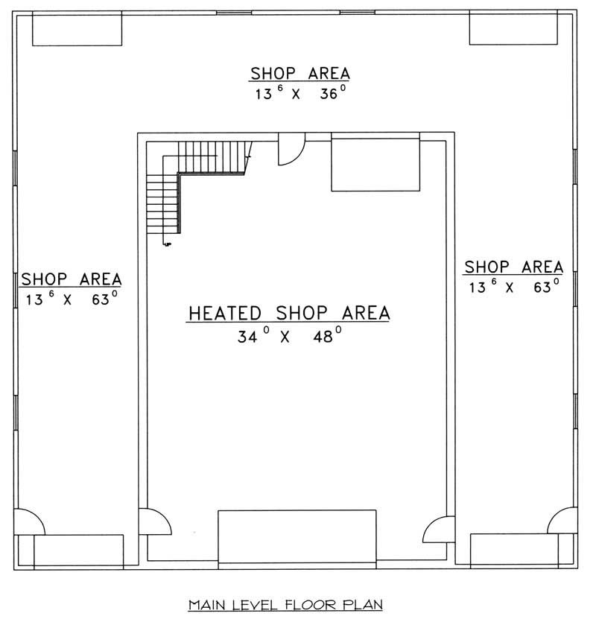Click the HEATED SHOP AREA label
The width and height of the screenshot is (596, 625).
pos(288,314)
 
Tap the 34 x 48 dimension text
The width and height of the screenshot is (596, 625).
pos(289,336)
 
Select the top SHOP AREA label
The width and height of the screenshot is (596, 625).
pos(299,74)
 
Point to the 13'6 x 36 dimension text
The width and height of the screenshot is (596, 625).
pos(299,95)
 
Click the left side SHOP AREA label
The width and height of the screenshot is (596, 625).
pos(71,279)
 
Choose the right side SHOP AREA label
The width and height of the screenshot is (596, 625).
pos(513,267)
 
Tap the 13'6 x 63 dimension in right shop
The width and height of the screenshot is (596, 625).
pos(513,287)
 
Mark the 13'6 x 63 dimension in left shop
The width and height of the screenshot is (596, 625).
pos(71,299)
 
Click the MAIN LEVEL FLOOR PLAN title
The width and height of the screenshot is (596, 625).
pos(286,604)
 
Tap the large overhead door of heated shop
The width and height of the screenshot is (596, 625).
pos(297,536)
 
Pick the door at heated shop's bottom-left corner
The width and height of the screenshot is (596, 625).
pos(155,521)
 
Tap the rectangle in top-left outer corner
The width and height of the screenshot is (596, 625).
pos(77,30)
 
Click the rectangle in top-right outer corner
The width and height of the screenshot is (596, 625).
pos(513,30)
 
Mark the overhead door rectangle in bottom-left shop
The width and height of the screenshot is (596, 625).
pos(78,551)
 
